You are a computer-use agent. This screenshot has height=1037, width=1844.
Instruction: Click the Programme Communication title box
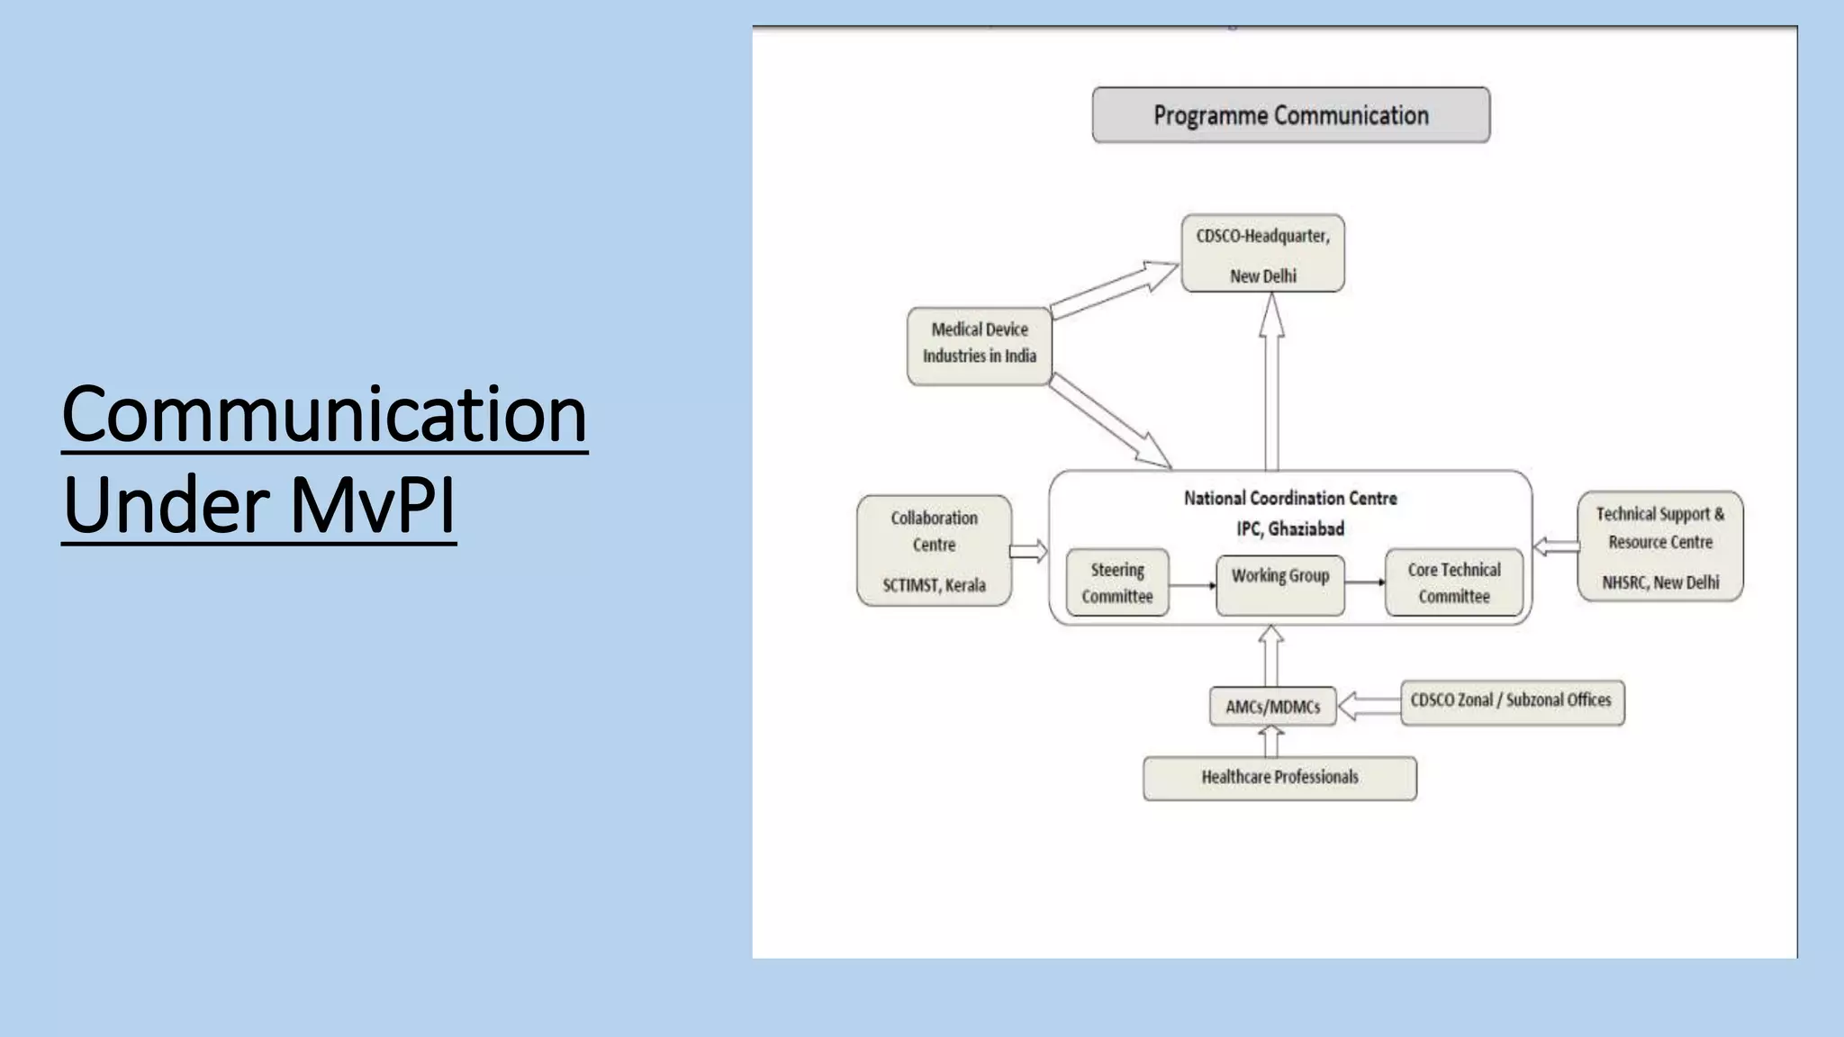[x=1290, y=115]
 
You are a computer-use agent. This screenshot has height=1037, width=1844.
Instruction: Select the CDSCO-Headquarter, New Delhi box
[x=1262, y=254]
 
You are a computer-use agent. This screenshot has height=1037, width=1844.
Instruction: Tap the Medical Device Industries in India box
[x=979, y=346]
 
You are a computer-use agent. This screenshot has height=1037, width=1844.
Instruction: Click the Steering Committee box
[x=1117, y=583]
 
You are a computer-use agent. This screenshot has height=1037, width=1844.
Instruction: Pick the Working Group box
[x=1279, y=583]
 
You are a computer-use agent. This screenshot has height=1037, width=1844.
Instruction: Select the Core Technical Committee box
[x=1453, y=583]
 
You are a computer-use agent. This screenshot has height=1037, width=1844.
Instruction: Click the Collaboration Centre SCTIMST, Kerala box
[x=934, y=551]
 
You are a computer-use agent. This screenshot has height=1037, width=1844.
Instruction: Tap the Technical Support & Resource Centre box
[x=1659, y=546]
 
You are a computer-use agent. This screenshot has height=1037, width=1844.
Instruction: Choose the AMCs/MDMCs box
[x=1271, y=707]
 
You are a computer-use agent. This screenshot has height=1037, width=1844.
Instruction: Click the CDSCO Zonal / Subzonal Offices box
[x=1512, y=702]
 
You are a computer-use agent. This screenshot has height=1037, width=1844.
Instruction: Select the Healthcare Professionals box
[x=1279, y=778]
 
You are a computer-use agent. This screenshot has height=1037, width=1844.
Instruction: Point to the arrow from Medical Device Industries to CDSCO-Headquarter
[x=1115, y=288]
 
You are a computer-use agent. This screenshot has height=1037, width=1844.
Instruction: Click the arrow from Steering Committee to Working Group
[x=1192, y=585]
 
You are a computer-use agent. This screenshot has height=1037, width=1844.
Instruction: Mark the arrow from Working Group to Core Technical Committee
[x=1365, y=582]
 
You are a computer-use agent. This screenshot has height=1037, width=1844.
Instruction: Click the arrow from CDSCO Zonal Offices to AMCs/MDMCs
[x=1369, y=706]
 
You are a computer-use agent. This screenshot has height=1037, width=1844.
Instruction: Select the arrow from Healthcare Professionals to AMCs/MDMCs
[x=1270, y=742]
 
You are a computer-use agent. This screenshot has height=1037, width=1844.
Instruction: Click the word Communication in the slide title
[x=324, y=414]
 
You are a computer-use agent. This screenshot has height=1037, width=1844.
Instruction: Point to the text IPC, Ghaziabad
[x=1289, y=529]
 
